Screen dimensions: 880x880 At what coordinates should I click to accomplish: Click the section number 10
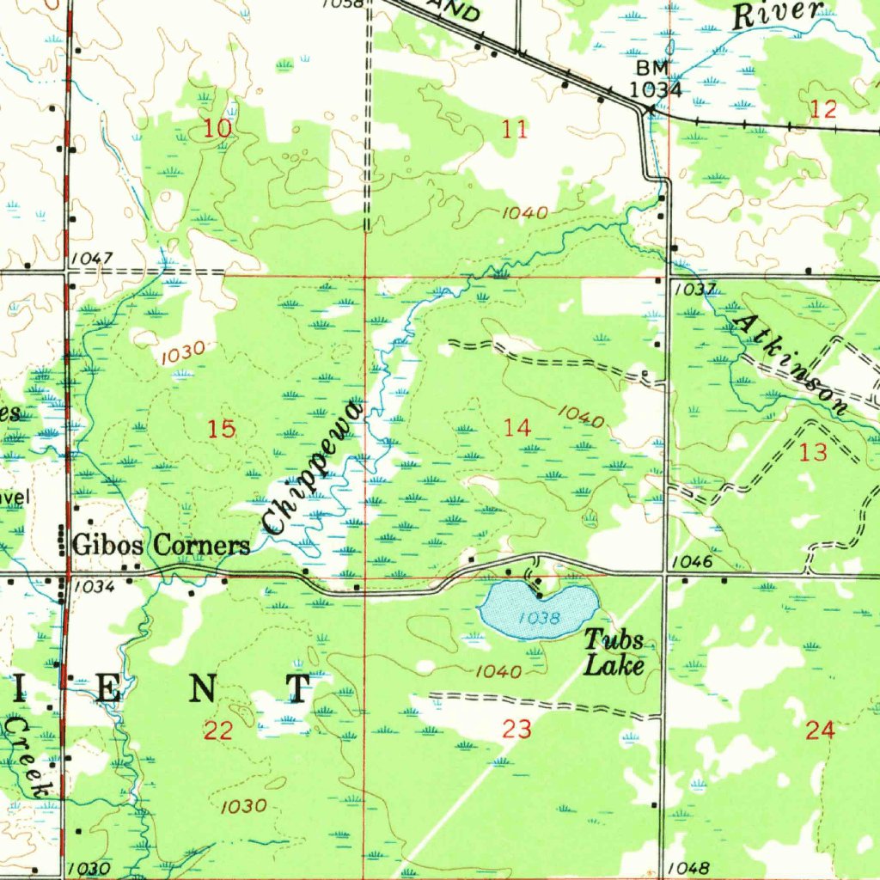[x=218, y=130]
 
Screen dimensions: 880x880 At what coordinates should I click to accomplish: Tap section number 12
[x=822, y=109]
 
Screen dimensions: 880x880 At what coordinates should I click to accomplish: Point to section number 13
[x=813, y=453]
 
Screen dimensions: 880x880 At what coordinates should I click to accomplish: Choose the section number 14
[x=517, y=427]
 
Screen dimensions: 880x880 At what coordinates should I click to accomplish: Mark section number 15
[x=222, y=429]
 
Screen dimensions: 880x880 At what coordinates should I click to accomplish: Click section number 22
[x=218, y=731]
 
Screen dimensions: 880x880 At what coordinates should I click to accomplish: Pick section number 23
[x=516, y=730]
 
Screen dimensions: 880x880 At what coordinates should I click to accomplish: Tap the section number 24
[x=820, y=731]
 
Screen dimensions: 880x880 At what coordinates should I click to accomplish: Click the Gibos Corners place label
[x=162, y=545]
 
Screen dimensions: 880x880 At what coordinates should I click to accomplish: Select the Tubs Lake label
[x=614, y=651]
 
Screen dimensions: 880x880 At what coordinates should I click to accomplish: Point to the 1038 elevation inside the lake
[x=540, y=617]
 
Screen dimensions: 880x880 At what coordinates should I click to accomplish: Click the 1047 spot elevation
[x=92, y=258]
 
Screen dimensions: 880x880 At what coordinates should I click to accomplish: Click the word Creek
[x=27, y=758]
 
